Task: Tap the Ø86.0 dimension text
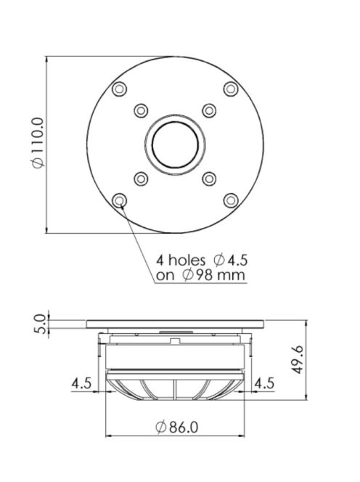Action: click(177, 427)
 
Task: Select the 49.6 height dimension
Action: click(298, 359)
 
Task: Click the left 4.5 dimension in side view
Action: click(81, 383)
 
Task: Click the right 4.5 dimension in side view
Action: click(264, 383)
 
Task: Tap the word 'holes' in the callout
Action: click(187, 261)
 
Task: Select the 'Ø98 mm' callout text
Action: click(213, 275)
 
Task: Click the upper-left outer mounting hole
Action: click(119, 89)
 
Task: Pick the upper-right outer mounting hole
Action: click(231, 89)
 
